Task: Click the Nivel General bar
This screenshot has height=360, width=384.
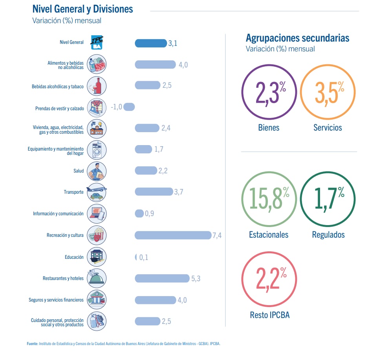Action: click(x=151, y=43)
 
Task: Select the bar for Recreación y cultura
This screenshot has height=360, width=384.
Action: click(x=173, y=235)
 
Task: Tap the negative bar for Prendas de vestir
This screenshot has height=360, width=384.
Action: click(x=129, y=107)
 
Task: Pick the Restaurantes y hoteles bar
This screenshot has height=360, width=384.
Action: click(x=162, y=278)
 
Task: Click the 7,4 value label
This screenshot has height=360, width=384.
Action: click(x=217, y=236)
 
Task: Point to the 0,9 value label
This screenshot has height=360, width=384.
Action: click(x=149, y=214)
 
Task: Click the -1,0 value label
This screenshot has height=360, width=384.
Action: click(x=116, y=107)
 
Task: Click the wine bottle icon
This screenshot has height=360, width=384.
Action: click(x=96, y=85)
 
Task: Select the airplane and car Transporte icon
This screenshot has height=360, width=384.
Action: click(x=96, y=192)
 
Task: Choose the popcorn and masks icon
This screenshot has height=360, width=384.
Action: click(x=96, y=235)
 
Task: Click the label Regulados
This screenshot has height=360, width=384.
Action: click(x=328, y=235)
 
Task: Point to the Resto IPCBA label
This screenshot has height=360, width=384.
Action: click(x=269, y=315)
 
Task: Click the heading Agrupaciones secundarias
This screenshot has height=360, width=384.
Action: click(x=297, y=38)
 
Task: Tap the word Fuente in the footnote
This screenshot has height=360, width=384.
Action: click(x=32, y=344)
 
